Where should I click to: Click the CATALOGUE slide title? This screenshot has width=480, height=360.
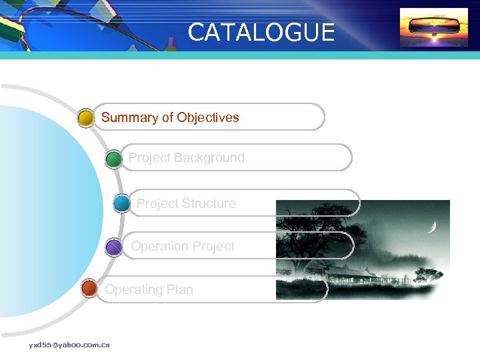[261, 32]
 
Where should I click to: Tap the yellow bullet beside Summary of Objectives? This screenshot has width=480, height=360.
[86, 119]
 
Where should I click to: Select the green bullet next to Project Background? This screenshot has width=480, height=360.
[114, 159]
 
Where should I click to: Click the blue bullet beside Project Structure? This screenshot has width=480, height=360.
[122, 203]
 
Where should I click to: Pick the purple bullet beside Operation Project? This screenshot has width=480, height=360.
[114, 247]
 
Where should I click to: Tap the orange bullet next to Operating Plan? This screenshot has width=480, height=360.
[89, 289]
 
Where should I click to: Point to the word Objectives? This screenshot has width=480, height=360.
[207, 118]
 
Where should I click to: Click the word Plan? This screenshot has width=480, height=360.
[180, 290]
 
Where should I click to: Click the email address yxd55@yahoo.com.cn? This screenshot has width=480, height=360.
[69, 345]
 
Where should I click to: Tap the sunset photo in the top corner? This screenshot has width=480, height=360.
[424, 27]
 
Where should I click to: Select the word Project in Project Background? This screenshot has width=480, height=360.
[149, 158]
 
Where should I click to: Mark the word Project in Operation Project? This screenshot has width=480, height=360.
[213, 247]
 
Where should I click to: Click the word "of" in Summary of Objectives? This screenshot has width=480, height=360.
[167, 118]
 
